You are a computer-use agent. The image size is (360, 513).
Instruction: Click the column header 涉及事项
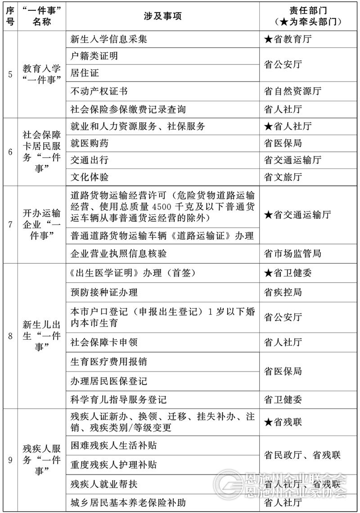pyautogui.click(x=162, y=16)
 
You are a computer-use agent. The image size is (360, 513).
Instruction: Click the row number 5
pyautogui.click(x=10, y=74)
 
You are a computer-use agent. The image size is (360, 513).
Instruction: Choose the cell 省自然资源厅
pyautogui.click(x=292, y=91)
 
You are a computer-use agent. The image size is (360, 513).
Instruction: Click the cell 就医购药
pyautogui.click(x=90, y=143)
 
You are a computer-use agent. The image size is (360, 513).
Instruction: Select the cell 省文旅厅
pyautogui.click(x=283, y=177)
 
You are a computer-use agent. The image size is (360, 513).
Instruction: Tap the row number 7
pyautogui.click(x=10, y=224)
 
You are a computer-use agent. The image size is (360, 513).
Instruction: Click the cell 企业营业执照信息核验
pyautogui.click(x=118, y=254)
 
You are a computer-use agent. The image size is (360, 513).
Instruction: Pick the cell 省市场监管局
pyautogui.click(x=292, y=254)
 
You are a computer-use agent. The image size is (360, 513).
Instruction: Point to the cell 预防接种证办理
pyautogui.click(x=104, y=292)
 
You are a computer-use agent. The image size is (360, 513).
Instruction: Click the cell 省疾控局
pyautogui.click(x=283, y=292)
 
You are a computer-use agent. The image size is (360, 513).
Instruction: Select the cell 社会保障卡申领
pyautogui.click(x=104, y=342)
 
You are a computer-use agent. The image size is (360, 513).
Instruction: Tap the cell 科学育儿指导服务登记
pyautogui.click(x=118, y=400)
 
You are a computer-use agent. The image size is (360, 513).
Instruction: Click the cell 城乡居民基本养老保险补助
pyautogui.click(x=128, y=502)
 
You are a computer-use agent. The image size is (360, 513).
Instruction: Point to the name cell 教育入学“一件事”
pyautogui.click(x=41, y=74)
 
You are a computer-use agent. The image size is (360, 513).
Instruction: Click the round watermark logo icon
pyautogui.click(x=229, y=485)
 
